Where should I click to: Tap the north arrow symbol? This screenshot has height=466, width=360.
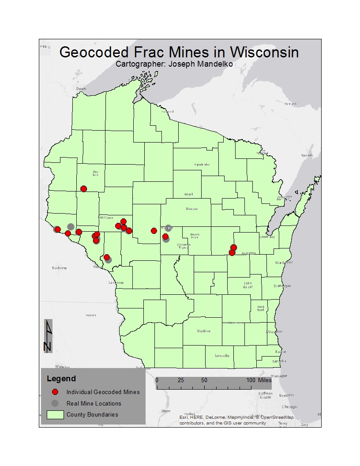pos(48,336)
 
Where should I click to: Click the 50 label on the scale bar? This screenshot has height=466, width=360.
pos(204,380)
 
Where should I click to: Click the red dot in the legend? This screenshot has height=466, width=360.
pos(55,392)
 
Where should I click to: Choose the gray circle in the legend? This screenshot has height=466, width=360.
pos(55,403)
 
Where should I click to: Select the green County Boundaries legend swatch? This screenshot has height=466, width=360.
pos(55,414)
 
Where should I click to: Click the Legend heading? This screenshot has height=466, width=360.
pos(61,379)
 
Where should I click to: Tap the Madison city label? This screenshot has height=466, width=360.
pos(204,331)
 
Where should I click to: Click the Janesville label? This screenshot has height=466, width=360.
pos(221,356)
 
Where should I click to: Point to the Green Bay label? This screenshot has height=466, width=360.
pos(266,237)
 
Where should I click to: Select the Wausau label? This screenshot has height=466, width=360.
pos(192,209)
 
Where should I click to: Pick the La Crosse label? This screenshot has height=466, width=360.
pos(116,282)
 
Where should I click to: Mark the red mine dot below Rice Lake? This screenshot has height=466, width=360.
pos(84,189)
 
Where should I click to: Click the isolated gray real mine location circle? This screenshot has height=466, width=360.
pos(71,226)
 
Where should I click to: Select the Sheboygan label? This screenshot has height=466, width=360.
pos(282,286)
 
